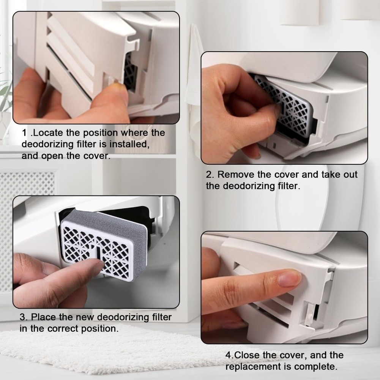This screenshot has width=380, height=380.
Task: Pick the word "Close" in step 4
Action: point(247,355)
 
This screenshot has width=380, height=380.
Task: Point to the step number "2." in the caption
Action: point(210,175)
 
